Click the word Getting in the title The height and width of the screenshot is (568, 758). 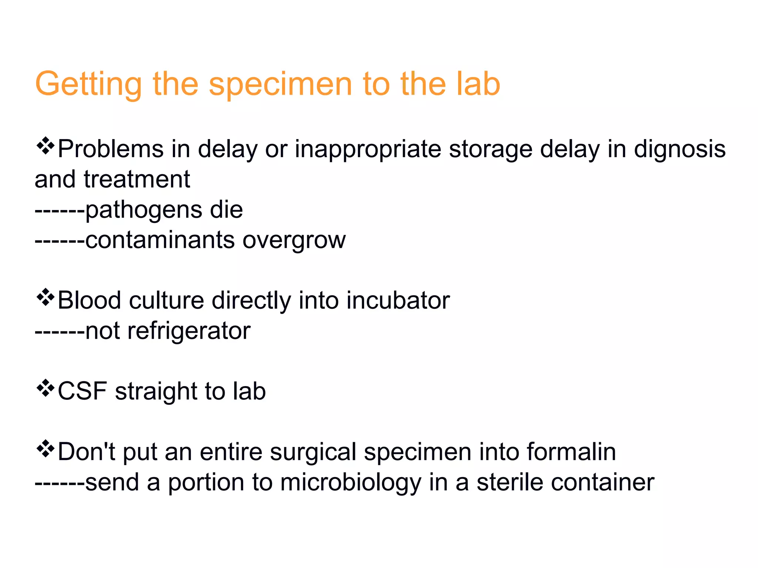pyautogui.click(x=88, y=84)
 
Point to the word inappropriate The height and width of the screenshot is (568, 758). pyautogui.click(x=368, y=149)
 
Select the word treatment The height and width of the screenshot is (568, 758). pyautogui.click(x=137, y=179)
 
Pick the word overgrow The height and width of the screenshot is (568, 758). pyautogui.click(x=294, y=240)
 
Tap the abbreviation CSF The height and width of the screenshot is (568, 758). pyautogui.click(x=82, y=391)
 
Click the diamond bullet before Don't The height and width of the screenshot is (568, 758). pyautogui.click(x=45, y=448)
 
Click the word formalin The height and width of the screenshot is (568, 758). pyautogui.click(x=571, y=452)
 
